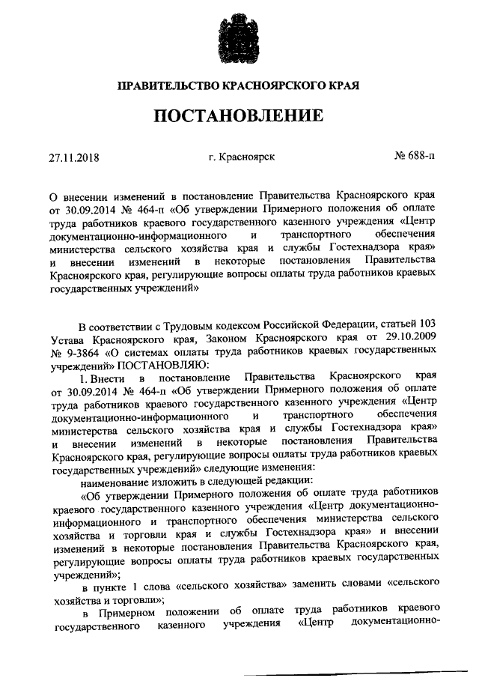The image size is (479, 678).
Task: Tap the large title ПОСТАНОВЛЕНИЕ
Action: [x=239, y=117]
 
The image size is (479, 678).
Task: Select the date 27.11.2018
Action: [x=76, y=159]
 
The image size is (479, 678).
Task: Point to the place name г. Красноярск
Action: [x=241, y=158]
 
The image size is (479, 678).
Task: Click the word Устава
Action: [x=68, y=339]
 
